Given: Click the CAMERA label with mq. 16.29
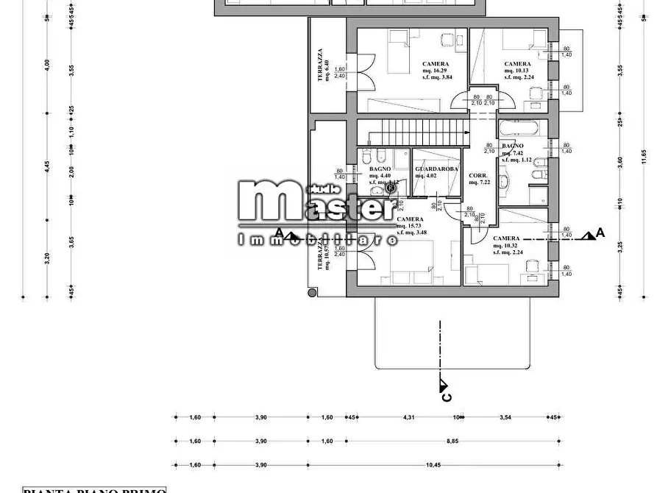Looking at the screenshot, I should click(435, 64).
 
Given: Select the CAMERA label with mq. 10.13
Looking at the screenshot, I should click(517, 64).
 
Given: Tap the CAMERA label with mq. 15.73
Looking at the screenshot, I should click(409, 219).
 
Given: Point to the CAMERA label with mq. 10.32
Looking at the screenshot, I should click(506, 238).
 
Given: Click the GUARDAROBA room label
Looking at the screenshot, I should click(436, 169).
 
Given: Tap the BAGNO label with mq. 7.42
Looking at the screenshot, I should click(513, 146).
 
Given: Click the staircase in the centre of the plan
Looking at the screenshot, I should click(419, 134).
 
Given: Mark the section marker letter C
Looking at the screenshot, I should click(445, 397).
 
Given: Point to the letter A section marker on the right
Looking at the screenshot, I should click(600, 233).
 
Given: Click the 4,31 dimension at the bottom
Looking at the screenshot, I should click(409, 417).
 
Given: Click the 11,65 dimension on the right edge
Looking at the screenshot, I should click(643, 155).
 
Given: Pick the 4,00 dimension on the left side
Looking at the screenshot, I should click(46, 65).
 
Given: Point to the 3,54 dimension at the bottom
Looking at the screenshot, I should click(505, 417).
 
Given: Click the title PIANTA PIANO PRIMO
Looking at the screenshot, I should click(96, 489).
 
